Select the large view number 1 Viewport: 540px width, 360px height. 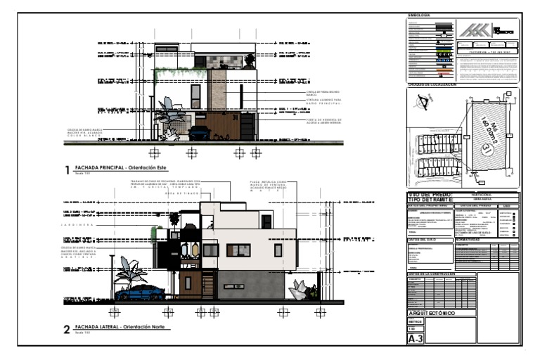tap(67, 170)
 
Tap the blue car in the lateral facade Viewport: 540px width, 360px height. tap(146, 292)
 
